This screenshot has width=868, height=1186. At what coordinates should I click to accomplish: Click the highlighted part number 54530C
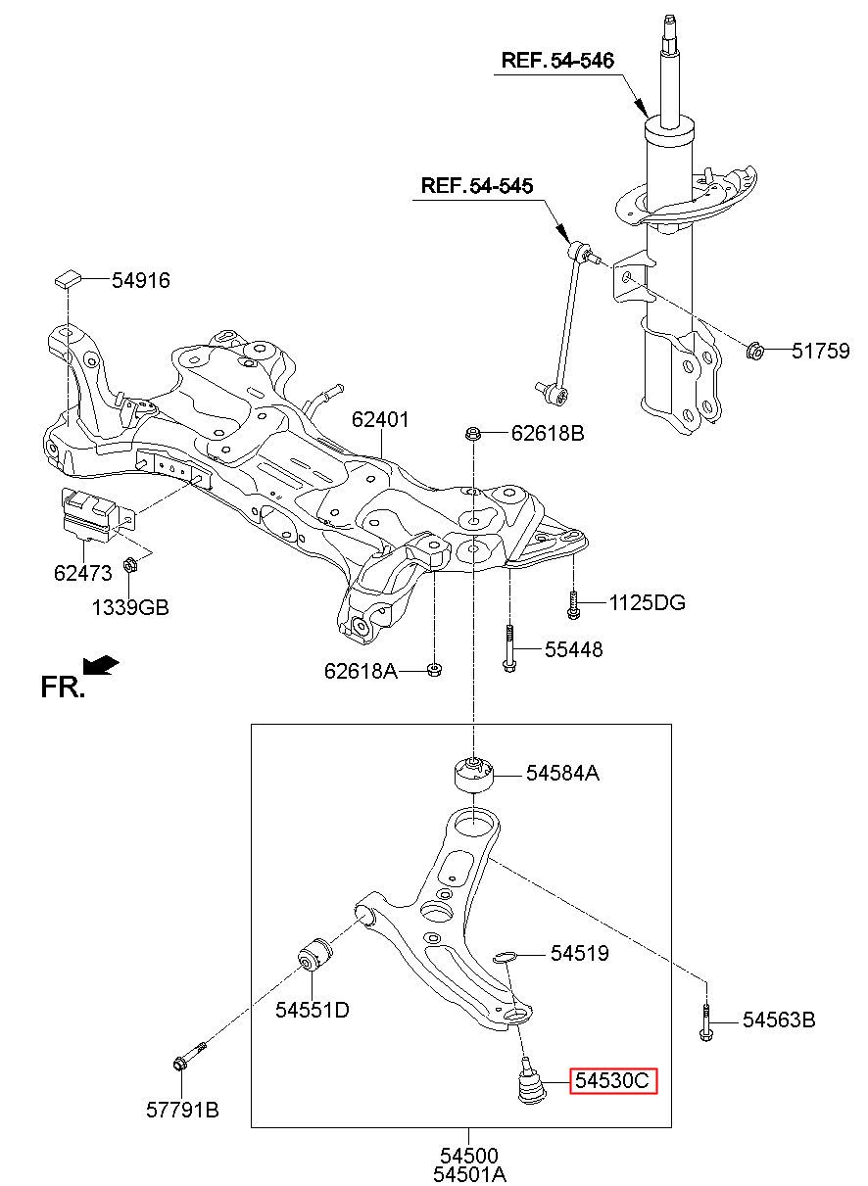[x=612, y=1080]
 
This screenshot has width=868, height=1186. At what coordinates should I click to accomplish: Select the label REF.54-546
[x=557, y=61]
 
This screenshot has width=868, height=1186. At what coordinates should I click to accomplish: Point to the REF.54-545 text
[x=477, y=186]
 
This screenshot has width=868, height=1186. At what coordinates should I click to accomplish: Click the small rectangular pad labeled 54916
[x=68, y=278]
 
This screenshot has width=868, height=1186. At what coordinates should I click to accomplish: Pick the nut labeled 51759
[x=754, y=351]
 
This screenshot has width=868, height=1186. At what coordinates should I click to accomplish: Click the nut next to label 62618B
[x=472, y=434]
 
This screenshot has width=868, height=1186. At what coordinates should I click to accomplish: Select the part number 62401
[x=380, y=420]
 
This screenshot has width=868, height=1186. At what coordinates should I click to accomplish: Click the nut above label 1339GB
[x=130, y=565]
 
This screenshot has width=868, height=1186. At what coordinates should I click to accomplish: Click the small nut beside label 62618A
[x=434, y=670]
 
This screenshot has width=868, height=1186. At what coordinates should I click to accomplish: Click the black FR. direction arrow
[x=101, y=665]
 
